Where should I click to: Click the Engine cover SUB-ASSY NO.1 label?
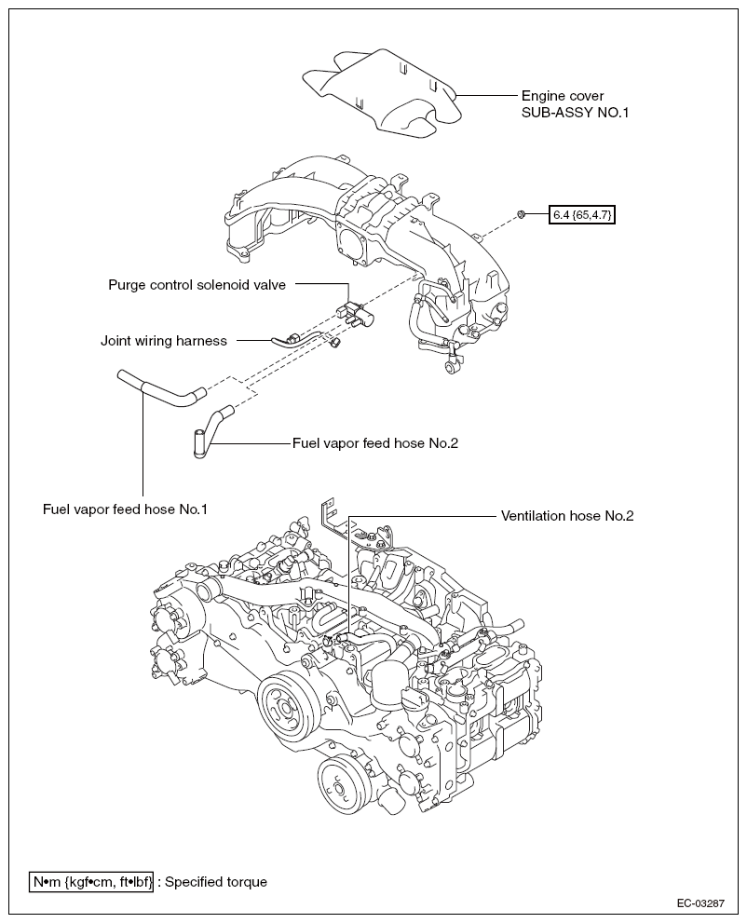(575, 104)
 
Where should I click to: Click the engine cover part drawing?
(382, 94)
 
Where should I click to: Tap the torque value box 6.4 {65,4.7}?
(581, 215)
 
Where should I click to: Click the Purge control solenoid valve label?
(197, 285)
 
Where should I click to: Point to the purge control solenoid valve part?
(357, 314)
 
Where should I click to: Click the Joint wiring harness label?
(164, 341)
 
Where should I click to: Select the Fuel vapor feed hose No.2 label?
(375, 443)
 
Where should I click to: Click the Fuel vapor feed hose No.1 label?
(125, 509)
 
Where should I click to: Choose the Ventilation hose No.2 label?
(567, 516)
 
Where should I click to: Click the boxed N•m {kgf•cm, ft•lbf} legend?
(91, 882)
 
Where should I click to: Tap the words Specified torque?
(216, 882)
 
